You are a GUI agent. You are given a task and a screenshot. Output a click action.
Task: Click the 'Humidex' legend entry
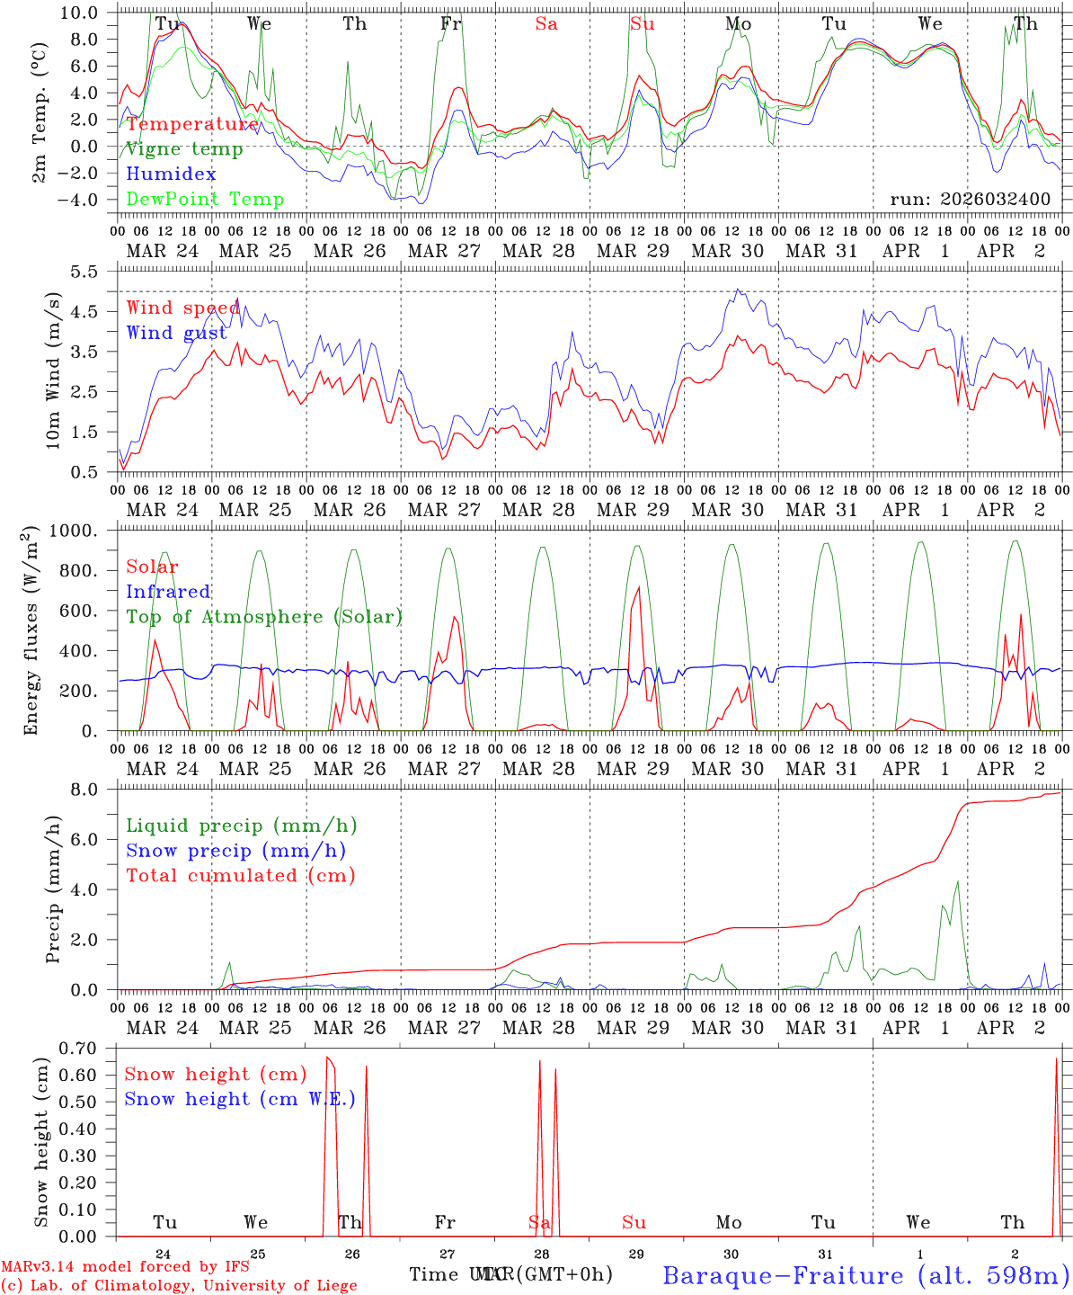(172, 174)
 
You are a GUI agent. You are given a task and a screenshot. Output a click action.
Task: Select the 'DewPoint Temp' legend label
(205, 200)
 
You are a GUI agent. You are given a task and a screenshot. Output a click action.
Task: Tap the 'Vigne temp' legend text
(184, 149)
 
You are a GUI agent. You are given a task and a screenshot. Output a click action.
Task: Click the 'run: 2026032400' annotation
(970, 200)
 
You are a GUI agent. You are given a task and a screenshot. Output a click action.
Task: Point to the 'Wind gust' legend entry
(177, 333)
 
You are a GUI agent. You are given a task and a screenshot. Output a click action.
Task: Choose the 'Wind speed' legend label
(183, 308)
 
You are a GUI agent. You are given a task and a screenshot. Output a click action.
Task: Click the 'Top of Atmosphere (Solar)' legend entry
(264, 617)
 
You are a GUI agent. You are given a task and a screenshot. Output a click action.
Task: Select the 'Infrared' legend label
(168, 592)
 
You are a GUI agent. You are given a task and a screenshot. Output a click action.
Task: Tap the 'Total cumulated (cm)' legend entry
(241, 876)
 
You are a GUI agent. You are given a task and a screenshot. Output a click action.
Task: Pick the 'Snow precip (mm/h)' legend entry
(236, 851)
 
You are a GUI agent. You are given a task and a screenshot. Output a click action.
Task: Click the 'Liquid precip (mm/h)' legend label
(242, 826)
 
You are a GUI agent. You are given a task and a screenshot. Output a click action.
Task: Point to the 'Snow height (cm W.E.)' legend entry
(240, 1099)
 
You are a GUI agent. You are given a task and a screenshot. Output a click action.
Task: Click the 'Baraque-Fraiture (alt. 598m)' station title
(866, 1275)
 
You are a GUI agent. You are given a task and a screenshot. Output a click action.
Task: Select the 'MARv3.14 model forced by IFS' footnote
(125, 1267)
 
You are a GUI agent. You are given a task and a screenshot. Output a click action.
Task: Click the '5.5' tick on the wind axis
(95, 272)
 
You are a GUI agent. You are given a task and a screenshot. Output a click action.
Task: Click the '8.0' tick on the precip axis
(95, 790)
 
